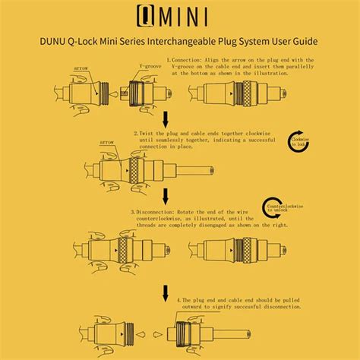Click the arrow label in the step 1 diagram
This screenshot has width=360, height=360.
tap(82, 68)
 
